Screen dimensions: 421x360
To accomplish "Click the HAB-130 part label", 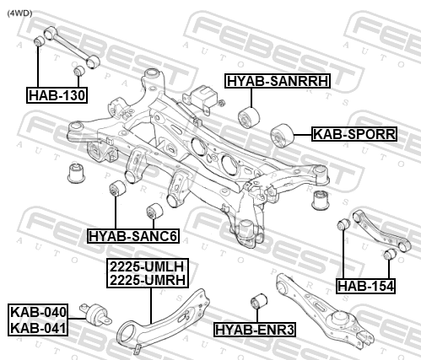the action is [57, 95].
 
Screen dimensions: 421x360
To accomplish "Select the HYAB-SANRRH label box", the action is [278, 81].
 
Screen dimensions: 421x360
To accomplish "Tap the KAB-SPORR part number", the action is [354, 134].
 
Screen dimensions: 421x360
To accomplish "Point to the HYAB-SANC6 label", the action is [133, 236].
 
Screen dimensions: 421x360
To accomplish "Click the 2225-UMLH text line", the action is [148, 266].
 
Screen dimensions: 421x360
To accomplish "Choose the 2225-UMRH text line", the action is [148, 280].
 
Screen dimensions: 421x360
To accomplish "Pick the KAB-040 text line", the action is [38, 312].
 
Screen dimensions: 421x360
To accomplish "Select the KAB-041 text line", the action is [38, 328].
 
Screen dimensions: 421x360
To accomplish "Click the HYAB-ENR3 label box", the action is [255, 330].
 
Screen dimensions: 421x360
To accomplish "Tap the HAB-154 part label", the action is [365, 286].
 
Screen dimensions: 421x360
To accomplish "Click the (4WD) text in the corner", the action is [19, 13].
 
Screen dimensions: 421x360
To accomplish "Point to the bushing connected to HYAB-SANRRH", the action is [249, 117].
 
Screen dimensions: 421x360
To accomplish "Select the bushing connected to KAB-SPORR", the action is [282, 135].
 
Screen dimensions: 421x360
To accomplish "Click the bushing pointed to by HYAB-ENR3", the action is [258, 301].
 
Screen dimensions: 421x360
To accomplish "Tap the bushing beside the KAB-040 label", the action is [95, 314].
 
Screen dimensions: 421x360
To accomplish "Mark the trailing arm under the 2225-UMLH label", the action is [163, 320].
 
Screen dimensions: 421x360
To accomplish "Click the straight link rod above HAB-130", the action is [72, 47].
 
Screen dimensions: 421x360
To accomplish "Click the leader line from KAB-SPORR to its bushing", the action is [303, 135].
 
